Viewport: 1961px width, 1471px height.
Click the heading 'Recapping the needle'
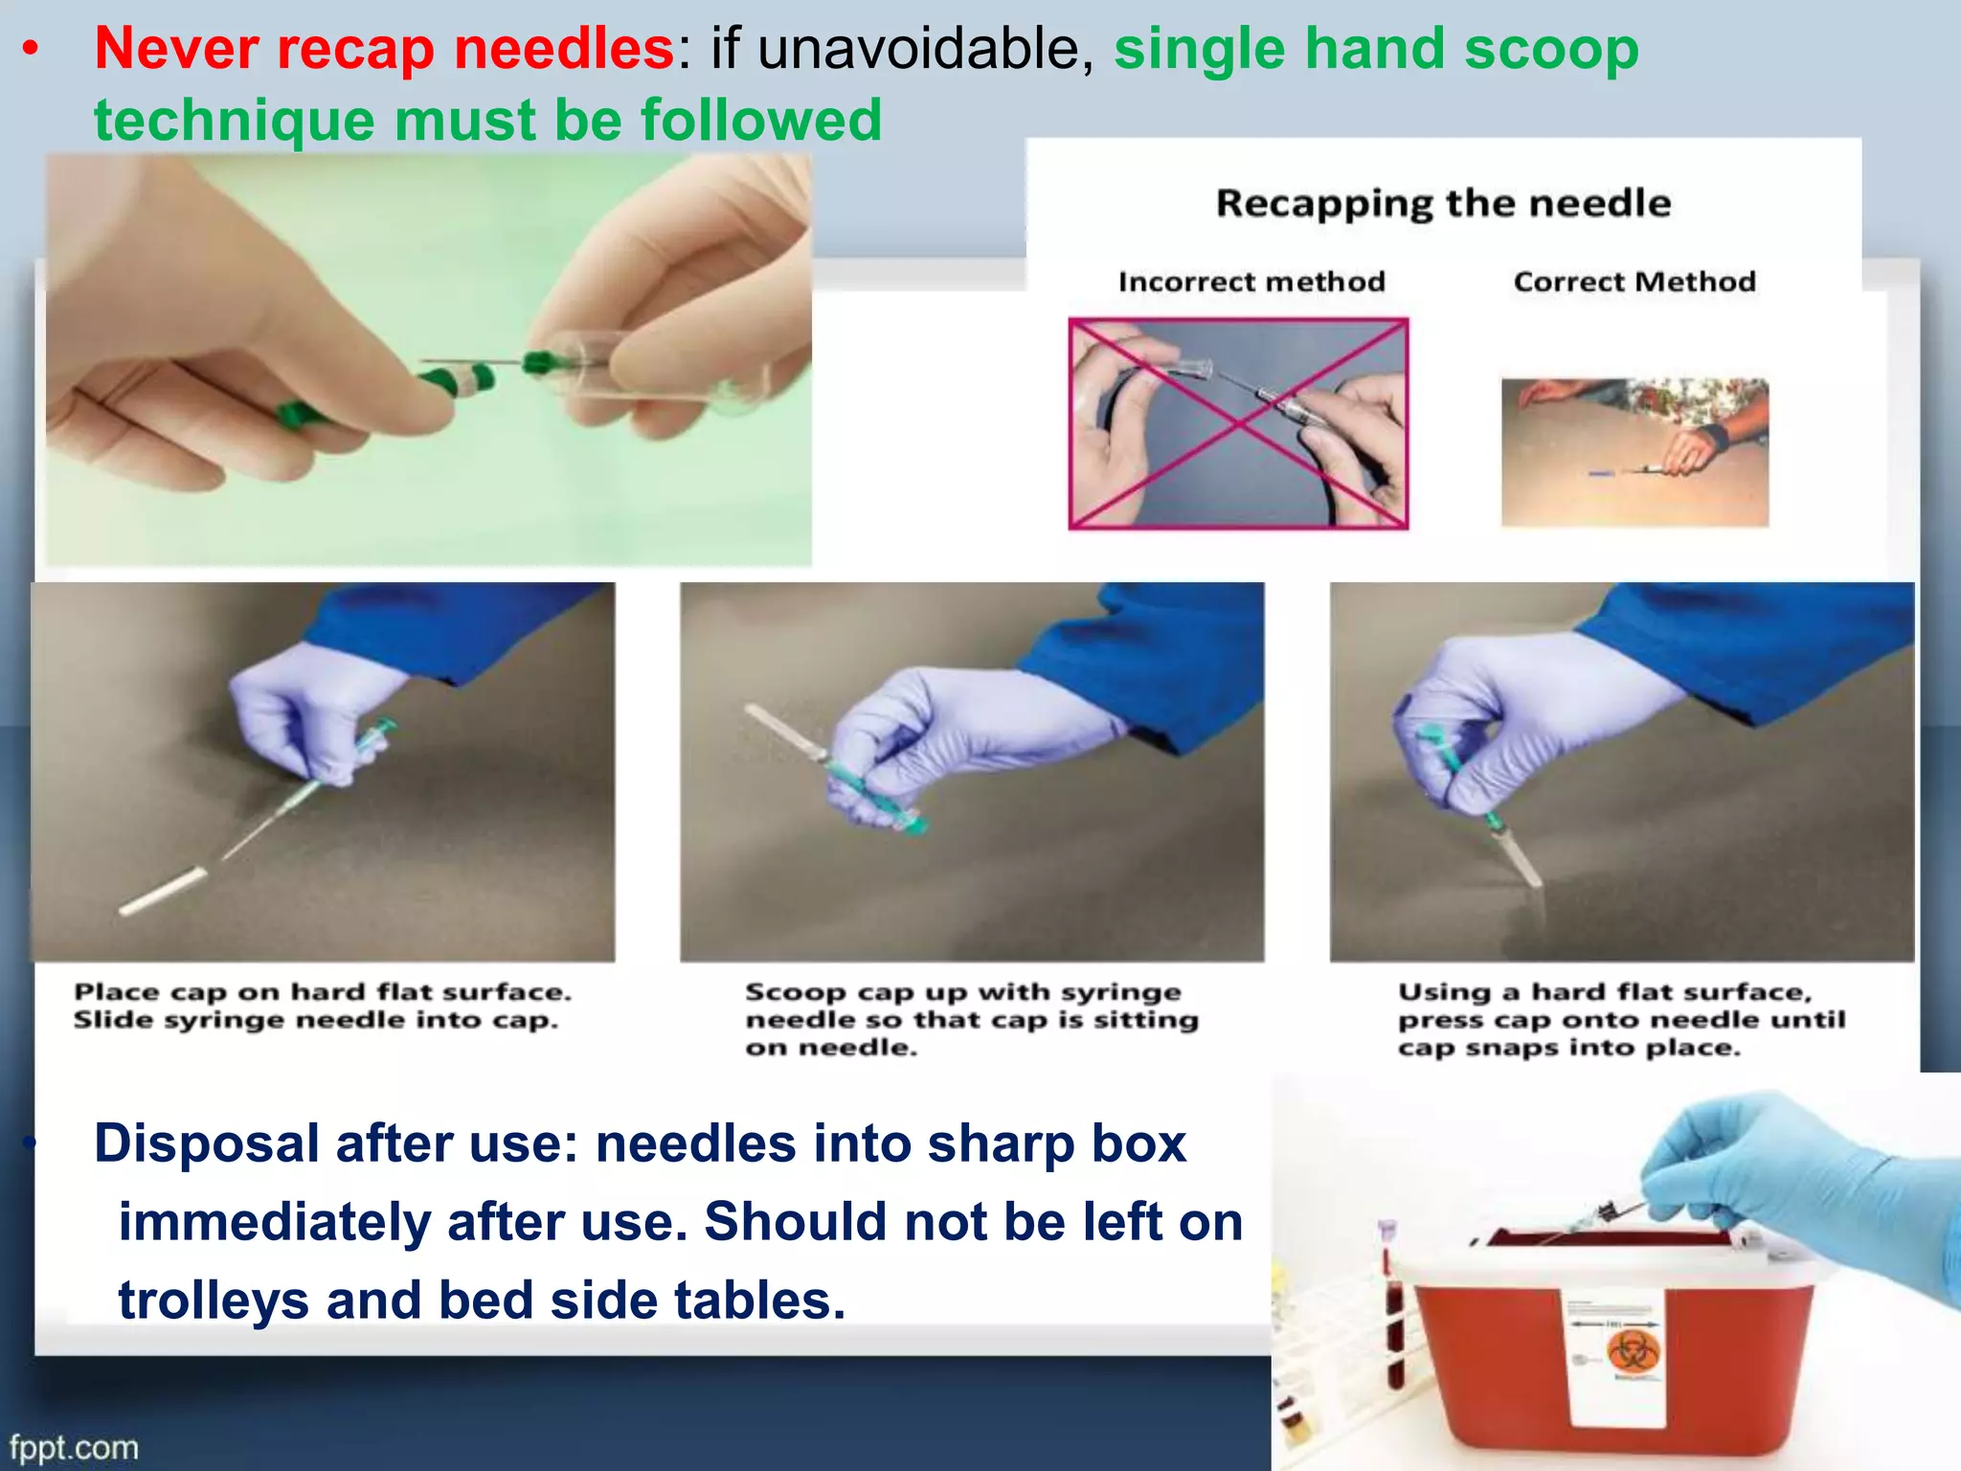point(1443,204)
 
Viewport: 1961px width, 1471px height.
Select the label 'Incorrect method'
point(1251,282)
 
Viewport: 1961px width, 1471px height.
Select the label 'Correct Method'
point(1634,282)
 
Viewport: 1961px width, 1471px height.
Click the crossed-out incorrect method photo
point(1238,423)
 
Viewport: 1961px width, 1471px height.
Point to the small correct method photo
point(1634,452)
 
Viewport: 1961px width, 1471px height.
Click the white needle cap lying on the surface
point(163,891)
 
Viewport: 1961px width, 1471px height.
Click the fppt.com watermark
point(75,1447)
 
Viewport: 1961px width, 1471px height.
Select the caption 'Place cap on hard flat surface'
point(322,992)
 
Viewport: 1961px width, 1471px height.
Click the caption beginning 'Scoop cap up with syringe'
point(962,992)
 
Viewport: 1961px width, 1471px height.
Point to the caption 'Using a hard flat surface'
point(1605,992)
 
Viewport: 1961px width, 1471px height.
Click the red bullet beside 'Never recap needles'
point(32,50)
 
